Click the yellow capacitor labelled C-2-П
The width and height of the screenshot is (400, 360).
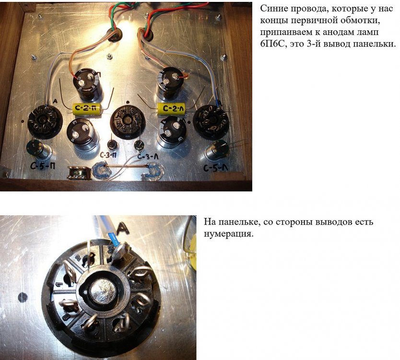(87, 108)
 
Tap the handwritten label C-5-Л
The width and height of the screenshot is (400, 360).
(216, 168)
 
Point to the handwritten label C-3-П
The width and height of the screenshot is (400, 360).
(109, 155)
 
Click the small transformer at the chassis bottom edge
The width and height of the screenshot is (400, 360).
(79, 172)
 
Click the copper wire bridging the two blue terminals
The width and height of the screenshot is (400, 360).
(125, 167)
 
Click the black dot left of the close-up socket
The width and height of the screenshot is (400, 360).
(23, 297)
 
